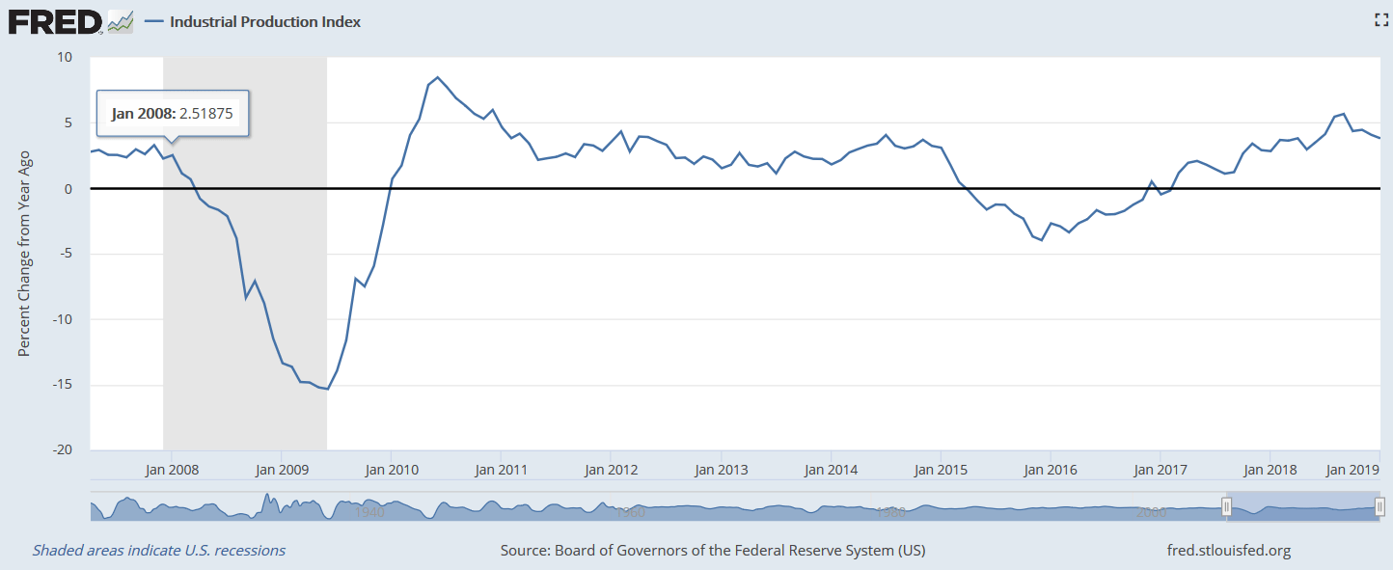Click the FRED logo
pos(55,21)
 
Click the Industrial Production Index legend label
pos(265,21)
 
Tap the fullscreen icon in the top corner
pos(1380,20)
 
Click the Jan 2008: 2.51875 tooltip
pos(173,114)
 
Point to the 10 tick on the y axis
pos(66,57)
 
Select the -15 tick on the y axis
pos(64,385)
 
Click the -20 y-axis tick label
pos(64,450)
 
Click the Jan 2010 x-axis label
pos(391,470)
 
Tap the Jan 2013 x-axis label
pos(721,470)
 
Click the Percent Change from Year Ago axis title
pos(25,253)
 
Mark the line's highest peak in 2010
pos(437,77)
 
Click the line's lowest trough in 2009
pos(327,389)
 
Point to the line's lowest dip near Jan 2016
pos(1042,239)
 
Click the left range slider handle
pos(1226,506)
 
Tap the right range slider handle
pos(1379,506)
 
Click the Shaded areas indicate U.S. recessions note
pos(159,551)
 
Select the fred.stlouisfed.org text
pos(1228,551)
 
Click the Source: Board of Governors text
pos(712,551)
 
